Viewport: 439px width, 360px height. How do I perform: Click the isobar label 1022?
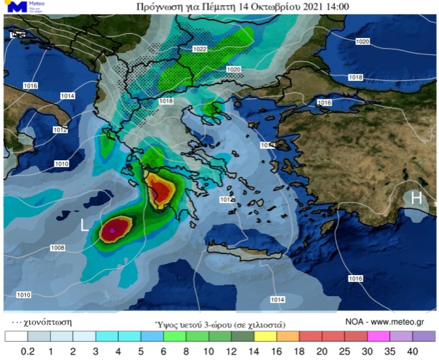tap(200, 49)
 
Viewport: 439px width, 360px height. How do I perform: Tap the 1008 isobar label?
tap(57, 248)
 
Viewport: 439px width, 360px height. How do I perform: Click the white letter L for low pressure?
tap(85, 226)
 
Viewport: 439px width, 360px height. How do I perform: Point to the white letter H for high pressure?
tap(416, 198)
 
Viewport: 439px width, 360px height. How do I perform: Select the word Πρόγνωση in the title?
tap(159, 7)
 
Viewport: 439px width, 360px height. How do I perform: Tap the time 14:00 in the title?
tap(338, 7)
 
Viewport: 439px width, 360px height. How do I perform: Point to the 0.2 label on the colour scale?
tap(27, 352)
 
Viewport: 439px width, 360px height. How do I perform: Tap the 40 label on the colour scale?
tap(413, 352)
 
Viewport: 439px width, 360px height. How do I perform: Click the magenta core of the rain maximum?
tap(113, 231)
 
